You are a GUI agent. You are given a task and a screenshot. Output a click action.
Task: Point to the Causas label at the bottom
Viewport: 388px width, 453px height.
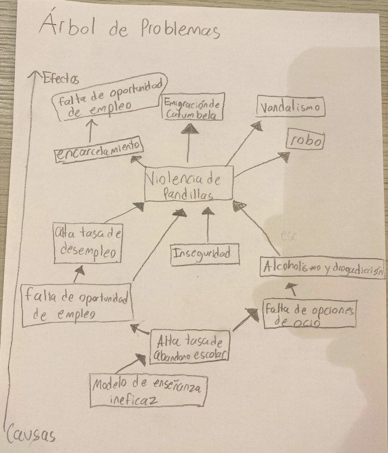pyautogui.click(x=32, y=437)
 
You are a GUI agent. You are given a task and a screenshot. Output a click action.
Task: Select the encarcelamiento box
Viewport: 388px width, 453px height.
pyautogui.click(x=98, y=151)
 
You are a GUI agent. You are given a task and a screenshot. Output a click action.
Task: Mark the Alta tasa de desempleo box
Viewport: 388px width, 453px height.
pyautogui.click(x=89, y=243)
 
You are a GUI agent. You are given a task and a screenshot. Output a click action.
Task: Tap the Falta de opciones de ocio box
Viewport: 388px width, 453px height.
pyautogui.click(x=309, y=315)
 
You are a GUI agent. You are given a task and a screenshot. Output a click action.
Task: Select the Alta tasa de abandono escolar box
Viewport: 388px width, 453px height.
pyautogui.click(x=190, y=348)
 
